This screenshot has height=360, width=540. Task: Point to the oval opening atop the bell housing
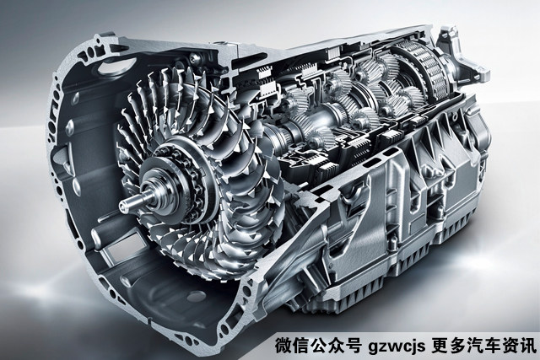pos(116,66)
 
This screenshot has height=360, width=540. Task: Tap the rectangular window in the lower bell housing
pos(120,250)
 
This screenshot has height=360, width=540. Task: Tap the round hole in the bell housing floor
pos(197,296)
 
